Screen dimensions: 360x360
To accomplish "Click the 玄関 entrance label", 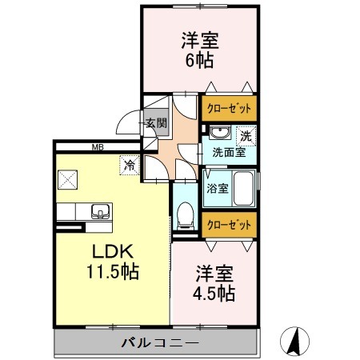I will [x=156, y=123].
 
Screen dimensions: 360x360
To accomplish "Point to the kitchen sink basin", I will [x=102, y=212].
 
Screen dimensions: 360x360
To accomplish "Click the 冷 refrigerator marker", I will [x=129, y=166].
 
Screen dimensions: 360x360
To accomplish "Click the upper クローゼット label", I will [x=229, y=109].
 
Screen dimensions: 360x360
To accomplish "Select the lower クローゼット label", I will [x=229, y=225].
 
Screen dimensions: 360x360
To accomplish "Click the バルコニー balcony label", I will [x=160, y=342].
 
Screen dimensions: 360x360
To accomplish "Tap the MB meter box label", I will [x=98, y=146].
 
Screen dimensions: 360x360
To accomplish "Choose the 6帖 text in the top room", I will [x=200, y=59].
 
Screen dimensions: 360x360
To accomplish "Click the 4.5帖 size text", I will [x=214, y=294].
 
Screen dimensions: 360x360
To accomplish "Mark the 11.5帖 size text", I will [x=113, y=272].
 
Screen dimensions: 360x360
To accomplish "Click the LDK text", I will [x=113, y=250].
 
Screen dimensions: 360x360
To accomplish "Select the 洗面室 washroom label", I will [x=228, y=151].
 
